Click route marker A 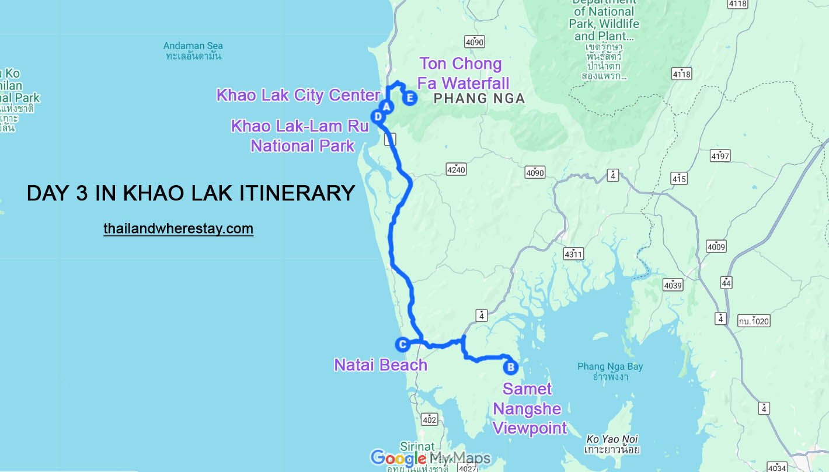(x=386, y=106)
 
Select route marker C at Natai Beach (x=402, y=345)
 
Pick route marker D (x=378, y=117)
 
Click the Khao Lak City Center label (x=298, y=95)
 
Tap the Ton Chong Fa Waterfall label (x=463, y=73)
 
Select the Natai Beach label (x=381, y=365)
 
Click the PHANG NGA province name (x=479, y=99)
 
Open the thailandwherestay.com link (x=179, y=228)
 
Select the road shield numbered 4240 (x=456, y=169)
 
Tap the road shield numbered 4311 (x=573, y=254)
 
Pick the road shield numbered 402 (x=429, y=419)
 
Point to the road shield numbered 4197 (x=720, y=156)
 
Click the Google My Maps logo (x=430, y=457)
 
